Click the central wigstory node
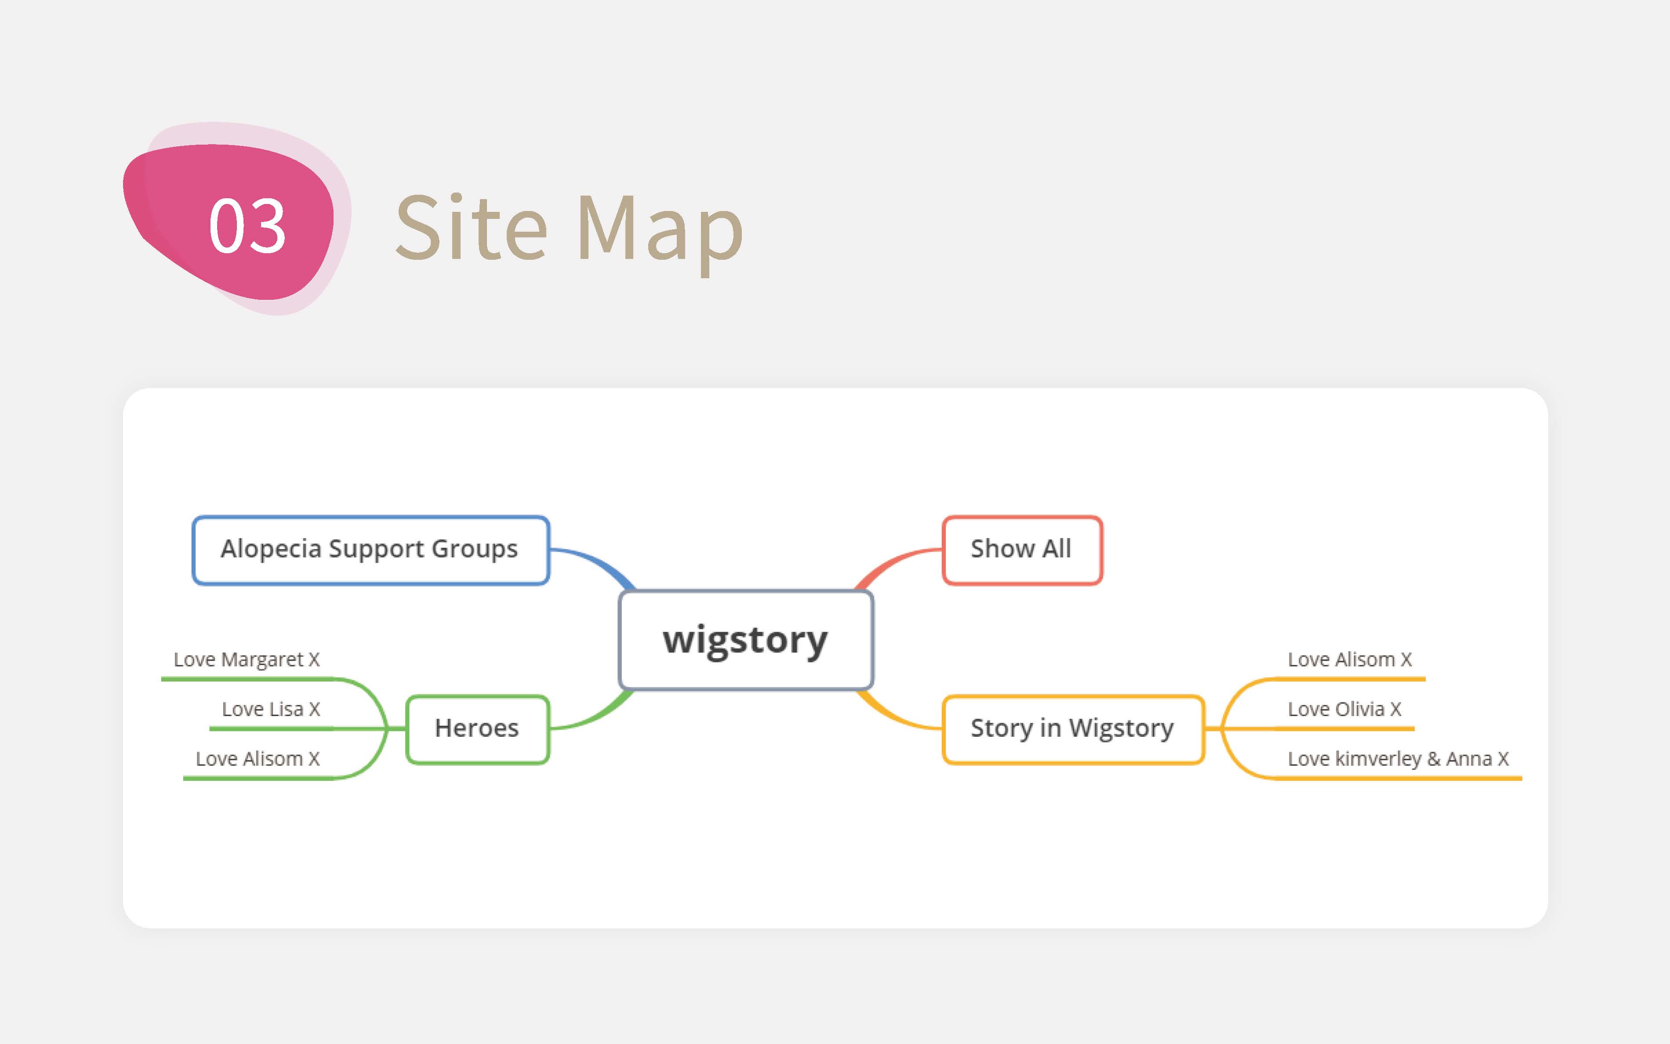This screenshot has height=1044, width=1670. (746, 640)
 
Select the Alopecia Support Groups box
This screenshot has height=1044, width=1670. (370, 549)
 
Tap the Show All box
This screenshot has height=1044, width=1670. (1022, 549)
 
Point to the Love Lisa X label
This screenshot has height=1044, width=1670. (271, 709)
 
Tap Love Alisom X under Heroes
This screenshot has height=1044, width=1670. (258, 759)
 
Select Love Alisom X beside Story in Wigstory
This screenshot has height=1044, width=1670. (1350, 659)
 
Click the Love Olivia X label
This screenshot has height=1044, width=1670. (1344, 709)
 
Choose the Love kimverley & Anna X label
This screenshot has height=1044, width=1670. (1398, 759)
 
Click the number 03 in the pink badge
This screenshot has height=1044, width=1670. (247, 225)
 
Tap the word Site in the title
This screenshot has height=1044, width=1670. (471, 227)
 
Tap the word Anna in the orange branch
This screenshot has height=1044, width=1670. (1469, 759)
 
